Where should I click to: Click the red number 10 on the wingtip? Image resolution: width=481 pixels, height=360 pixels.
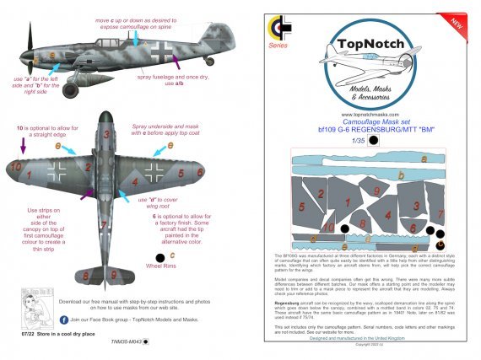pyautogui.click(x=15, y=169)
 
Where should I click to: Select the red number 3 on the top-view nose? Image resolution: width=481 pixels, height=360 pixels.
pyautogui.click(x=107, y=134)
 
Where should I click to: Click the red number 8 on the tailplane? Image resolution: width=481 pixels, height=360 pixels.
pyautogui.click(x=87, y=275)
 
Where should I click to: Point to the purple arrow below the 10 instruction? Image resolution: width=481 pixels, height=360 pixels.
pyautogui.click(x=24, y=148)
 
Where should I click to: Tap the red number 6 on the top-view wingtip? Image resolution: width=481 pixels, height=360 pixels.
pyautogui.click(x=201, y=172)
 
